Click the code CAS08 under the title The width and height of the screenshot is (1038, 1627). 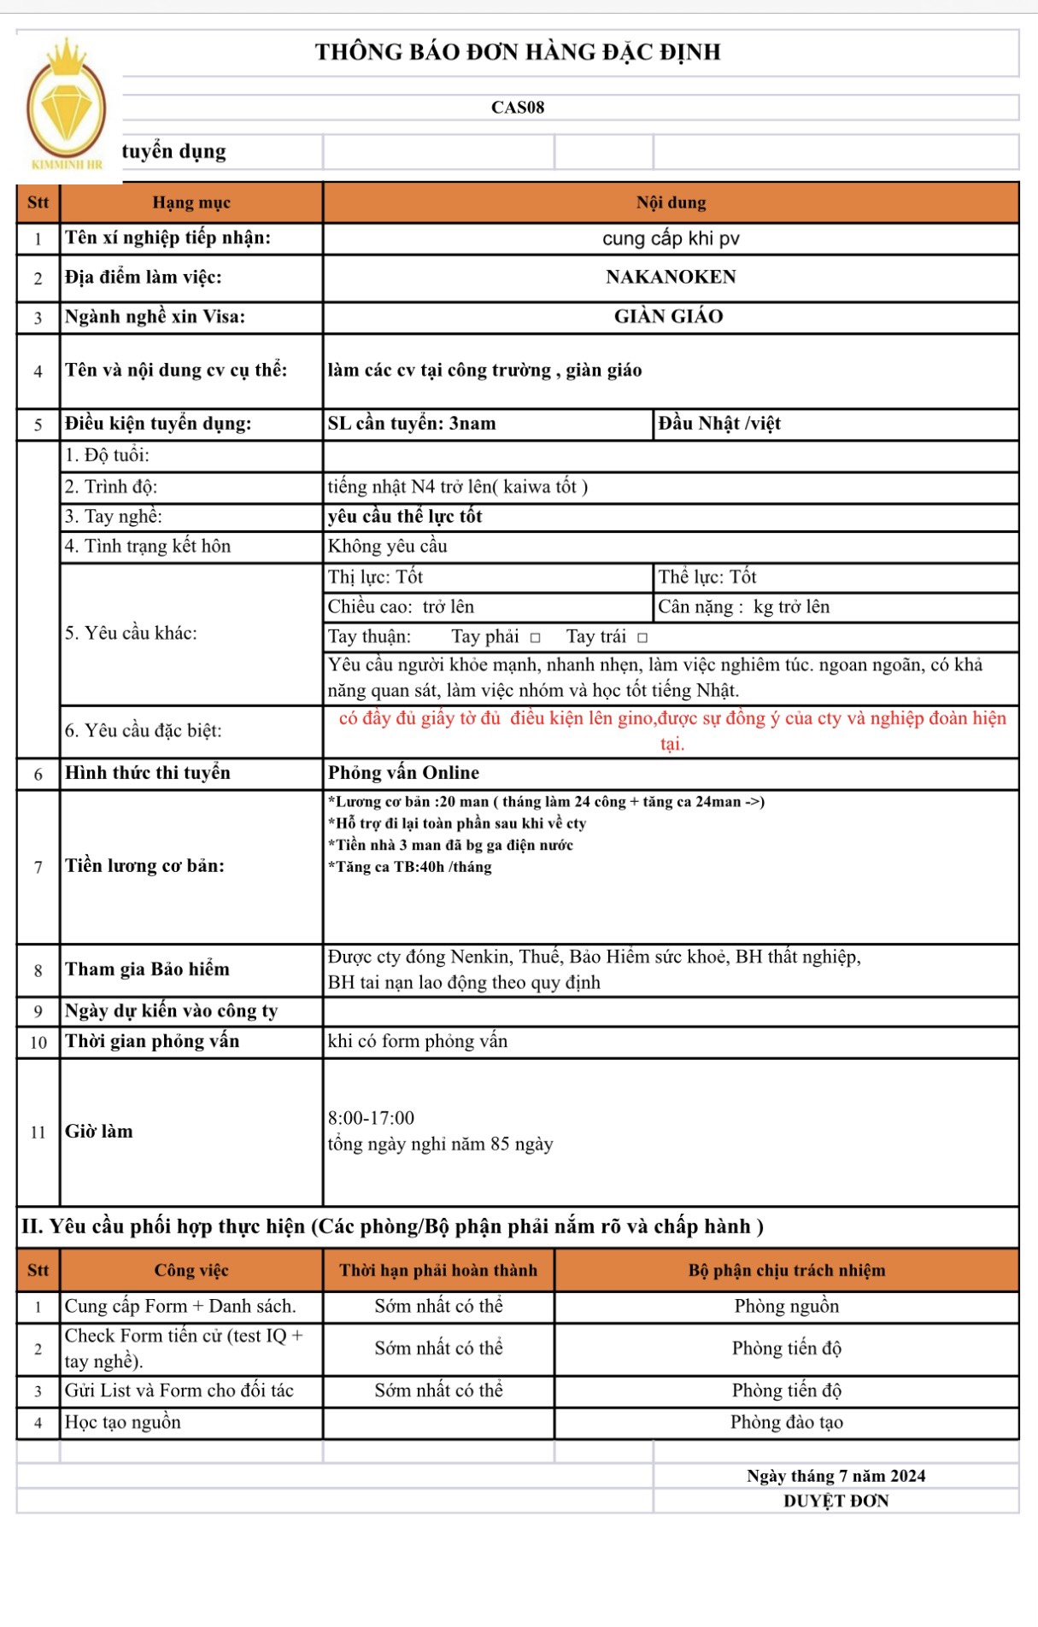click(x=518, y=108)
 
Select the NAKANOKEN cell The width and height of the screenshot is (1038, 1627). click(x=671, y=277)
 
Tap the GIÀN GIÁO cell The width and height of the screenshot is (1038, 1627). click(x=669, y=317)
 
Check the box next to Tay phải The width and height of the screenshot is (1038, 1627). click(x=535, y=637)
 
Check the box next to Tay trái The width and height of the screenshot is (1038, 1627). click(x=642, y=637)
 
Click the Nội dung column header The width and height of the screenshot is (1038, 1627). click(x=671, y=202)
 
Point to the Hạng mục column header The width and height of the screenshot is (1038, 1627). click(x=191, y=202)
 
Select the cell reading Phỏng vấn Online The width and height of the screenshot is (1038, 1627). click(x=403, y=773)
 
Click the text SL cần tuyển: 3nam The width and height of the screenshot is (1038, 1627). click(x=412, y=424)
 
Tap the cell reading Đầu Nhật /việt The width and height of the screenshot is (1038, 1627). click(x=719, y=424)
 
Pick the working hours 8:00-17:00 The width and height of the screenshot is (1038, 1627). click(x=371, y=1118)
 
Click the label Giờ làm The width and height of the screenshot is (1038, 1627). click(x=99, y=1132)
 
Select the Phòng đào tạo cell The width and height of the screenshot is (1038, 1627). click(x=786, y=1422)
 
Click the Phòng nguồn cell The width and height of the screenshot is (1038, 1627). click(x=786, y=1306)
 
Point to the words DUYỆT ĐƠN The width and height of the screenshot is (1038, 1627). click(x=836, y=1501)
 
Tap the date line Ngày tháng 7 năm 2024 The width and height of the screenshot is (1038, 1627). click(x=836, y=1476)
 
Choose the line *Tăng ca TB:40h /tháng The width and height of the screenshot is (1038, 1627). click(x=410, y=867)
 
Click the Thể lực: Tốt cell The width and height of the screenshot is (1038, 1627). click(x=707, y=577)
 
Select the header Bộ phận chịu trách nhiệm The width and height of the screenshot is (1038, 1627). click(x=786, y=1270)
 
